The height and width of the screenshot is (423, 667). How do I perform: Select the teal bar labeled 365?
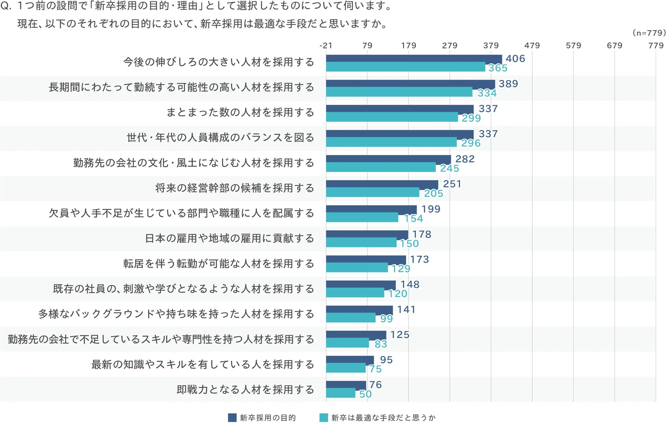coord(405,67)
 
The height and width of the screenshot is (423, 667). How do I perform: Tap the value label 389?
coord(508,84)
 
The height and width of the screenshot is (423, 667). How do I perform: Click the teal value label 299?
coord(471,118)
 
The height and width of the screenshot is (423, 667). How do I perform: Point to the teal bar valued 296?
coord(391,142)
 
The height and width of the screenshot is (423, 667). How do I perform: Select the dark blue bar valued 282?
coord(388,159)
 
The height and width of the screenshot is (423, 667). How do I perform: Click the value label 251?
coord(452,184)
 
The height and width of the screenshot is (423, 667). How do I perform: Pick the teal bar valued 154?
coord(362,217)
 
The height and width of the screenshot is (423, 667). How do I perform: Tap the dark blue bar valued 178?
coord(367,234)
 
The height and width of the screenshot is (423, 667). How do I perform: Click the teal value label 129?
coord(401,269)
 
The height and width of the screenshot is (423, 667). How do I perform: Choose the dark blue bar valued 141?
coord(359,309)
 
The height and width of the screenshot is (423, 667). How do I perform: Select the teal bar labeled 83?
coord(347,343)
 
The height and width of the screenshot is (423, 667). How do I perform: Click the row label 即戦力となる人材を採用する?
coord(245,389)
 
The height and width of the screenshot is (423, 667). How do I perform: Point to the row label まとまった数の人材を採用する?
coord(240,112)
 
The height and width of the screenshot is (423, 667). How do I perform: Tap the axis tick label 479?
coord(532,45)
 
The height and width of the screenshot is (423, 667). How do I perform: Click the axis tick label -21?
coord(326,45)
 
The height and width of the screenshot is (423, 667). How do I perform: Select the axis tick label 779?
coord(656,45)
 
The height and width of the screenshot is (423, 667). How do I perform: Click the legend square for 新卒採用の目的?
coord(232,418)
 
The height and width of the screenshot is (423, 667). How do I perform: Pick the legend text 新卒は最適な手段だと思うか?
coord(383,418)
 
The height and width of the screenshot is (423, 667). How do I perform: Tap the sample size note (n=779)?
coord(649,33)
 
